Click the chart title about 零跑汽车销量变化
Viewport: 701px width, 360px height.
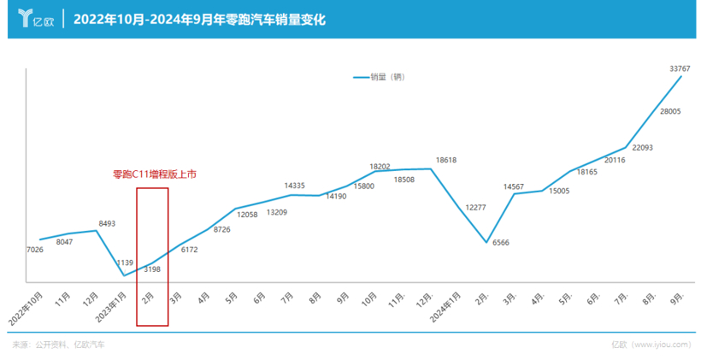(199, 19)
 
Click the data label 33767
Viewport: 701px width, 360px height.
(680, 68)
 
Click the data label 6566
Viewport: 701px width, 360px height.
(501, 243)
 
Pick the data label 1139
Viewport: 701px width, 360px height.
(126, 262)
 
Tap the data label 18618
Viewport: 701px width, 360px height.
(446, 160)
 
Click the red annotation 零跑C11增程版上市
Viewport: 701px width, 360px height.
(155, 174)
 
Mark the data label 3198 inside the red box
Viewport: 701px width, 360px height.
(152, 269)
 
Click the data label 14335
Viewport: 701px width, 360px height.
(295, 185)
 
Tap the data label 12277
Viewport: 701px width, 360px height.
(475, 207)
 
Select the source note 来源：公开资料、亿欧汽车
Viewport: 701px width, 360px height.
(59, 345)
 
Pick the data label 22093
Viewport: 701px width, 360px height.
(642, 148)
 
